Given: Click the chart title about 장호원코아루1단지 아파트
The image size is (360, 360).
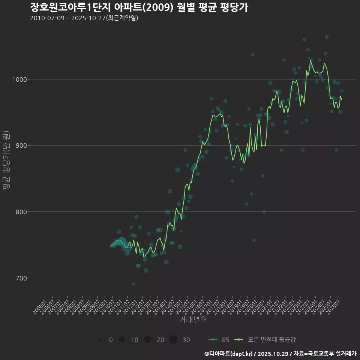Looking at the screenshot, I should pyautogui.click(x=139, y=7).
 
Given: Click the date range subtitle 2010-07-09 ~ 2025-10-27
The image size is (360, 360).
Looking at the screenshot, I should pyautogui.click(x=84, y=18).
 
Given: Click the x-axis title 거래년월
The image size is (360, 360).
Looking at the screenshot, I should pyautogui.click(x=193, y=320).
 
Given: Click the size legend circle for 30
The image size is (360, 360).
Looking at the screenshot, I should pyautogui.click(x=173, y=340).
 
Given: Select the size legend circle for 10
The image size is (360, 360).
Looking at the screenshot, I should pyautogui.click(x=121, y=340).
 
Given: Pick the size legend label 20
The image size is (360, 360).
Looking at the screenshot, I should pyautogui.click(x=160, y=340).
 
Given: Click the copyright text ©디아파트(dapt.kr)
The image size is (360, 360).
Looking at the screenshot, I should pyautogui.click(x=228, y=354).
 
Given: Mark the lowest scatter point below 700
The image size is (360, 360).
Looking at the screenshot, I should pyautogui.click(x=134, y=284).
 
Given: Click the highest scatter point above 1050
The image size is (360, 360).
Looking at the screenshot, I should pyautogui.click(x=327, y=37).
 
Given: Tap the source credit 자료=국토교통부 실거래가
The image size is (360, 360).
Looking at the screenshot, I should pyautogui.click(x=325, y=354).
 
